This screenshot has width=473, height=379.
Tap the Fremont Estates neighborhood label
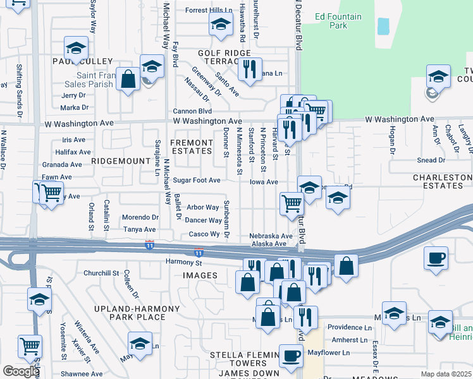point(192,147)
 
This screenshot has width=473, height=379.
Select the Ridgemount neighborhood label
point(120,161)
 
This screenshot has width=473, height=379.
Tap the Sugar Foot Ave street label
point(197,181)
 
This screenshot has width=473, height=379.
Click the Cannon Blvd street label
point(192,111)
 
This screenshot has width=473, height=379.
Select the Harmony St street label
point(183,263)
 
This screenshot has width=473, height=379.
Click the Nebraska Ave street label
point(271,236)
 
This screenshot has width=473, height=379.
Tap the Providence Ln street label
point(349,327)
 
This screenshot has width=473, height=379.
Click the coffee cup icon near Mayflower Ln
point(290,356)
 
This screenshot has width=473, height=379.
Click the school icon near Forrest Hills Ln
point(220,25)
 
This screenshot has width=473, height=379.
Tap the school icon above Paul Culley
point(75,48)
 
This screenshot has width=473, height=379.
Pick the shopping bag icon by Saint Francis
point(128,80)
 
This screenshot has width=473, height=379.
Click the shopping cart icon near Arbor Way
point(291,203)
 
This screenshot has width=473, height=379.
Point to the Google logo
point(21,371)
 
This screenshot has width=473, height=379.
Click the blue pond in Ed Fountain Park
point(383,26)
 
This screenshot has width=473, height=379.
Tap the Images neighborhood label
point(200,275)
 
